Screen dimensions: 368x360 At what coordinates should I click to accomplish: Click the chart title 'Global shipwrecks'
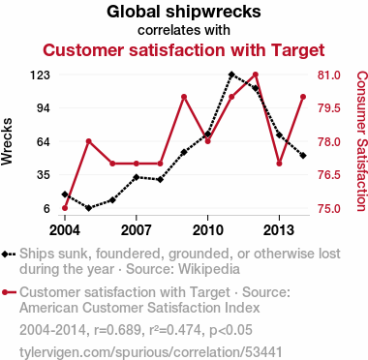[x=184, y=13]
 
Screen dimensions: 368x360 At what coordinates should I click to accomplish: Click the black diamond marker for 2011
[x=231, y=75]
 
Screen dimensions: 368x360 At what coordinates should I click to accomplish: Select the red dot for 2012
[x=256, y=75]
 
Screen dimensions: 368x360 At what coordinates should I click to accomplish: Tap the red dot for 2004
[x=65, y=208]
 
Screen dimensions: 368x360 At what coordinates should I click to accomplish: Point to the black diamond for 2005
[x=89, y=208]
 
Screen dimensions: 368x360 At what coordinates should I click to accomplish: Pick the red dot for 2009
[x=184, y=97]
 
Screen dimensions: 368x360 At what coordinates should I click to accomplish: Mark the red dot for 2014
[x=303, y=97]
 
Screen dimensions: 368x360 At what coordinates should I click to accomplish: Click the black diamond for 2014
[x=303, y=156]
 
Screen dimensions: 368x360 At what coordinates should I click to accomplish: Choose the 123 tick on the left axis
[x=40, y=75]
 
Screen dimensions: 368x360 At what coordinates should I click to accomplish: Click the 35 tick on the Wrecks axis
[x=44, y=175]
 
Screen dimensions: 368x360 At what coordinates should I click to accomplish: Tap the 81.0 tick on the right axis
[x=329, y=75]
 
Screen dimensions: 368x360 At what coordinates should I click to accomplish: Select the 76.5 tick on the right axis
[x=329, y=175]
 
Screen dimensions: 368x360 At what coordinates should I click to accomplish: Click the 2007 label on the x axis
[x=137, y=230]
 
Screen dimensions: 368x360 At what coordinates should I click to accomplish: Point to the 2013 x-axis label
[x=279, y=230]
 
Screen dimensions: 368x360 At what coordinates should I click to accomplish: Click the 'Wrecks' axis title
[x=7, y=141]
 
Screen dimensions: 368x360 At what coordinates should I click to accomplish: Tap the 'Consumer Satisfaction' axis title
[x=361, y=141]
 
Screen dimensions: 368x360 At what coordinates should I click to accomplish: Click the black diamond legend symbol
[x=9, y=254]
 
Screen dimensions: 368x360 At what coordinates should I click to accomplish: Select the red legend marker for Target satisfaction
[x=9, y=292]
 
